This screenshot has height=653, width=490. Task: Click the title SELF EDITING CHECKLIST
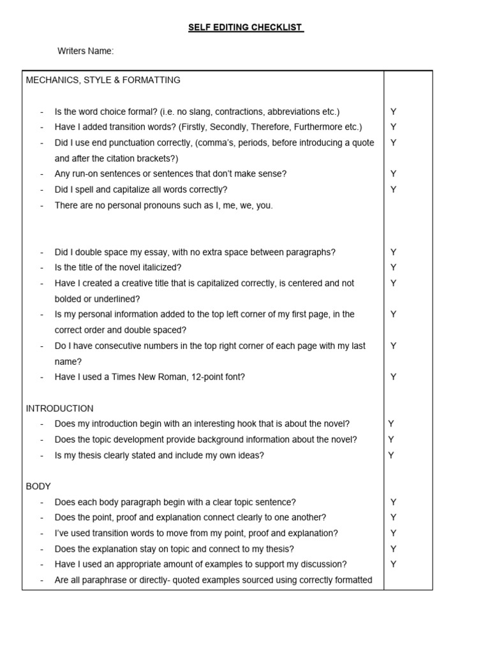(246, 28)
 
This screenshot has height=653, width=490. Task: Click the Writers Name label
(85, 52)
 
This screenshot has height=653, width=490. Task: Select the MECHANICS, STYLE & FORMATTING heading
(103, 80)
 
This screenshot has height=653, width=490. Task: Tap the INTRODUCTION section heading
(59, 408)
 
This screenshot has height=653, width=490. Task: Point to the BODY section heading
(38, 486)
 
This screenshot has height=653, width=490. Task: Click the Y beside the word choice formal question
(394, 112)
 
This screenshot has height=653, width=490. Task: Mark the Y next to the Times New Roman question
(394, 377)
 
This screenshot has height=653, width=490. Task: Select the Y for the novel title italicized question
(394, 268)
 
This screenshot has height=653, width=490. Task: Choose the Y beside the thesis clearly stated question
(391, 455)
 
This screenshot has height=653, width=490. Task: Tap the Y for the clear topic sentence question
(394, 502)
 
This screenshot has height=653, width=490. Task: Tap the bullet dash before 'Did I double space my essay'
(41, 252)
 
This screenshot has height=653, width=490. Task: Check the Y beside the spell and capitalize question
(394, 189)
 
